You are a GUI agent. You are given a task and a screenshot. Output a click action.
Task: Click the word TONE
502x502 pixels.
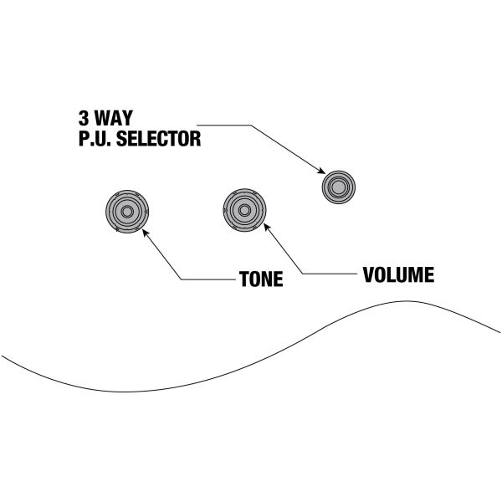261,279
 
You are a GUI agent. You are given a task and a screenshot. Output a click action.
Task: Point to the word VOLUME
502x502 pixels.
397,274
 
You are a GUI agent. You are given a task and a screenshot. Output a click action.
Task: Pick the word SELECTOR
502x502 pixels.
157,139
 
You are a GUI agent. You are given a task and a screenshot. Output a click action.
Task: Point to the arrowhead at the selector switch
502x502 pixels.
321,172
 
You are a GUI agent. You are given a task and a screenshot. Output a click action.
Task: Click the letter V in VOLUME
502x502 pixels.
369,274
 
